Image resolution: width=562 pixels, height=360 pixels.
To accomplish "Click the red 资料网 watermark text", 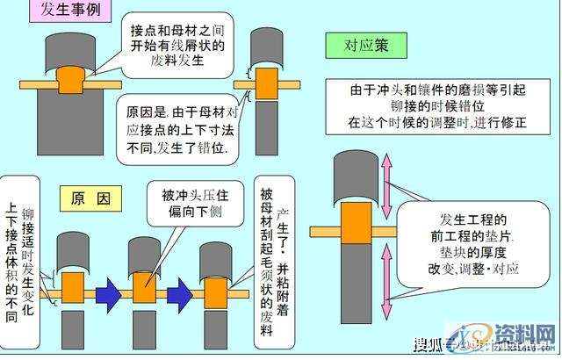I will [x=525, y=336].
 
